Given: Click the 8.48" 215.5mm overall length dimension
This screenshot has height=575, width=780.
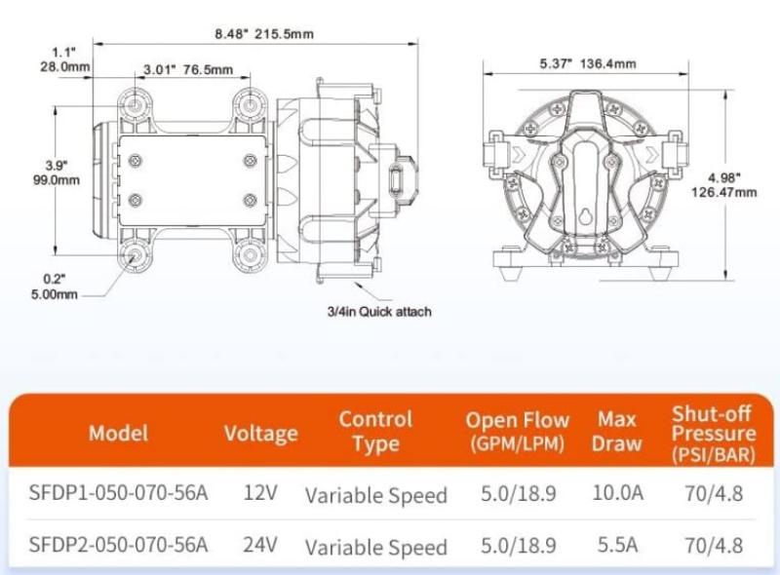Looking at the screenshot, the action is click(x=264, y=34).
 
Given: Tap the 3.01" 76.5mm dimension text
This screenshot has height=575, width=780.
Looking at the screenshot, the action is click(x=188, y=69).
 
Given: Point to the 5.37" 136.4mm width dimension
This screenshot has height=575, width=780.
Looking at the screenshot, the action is click(x=588, y=63).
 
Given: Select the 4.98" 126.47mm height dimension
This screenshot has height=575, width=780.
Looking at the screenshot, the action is click(x=724, y=184).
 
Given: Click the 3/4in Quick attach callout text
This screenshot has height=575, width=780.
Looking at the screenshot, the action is click(x=379, y=312).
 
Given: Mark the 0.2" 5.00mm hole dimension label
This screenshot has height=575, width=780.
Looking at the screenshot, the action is click(x=55, y=287).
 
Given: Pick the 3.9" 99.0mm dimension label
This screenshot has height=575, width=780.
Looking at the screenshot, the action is click(x=57, y=172).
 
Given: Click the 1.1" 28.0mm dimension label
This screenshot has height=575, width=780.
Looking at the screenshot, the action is click(x=65, y=59).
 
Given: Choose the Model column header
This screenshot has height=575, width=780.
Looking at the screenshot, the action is click(x=118, y=434).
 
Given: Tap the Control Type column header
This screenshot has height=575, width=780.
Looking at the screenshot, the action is click(x=376, y=431).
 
